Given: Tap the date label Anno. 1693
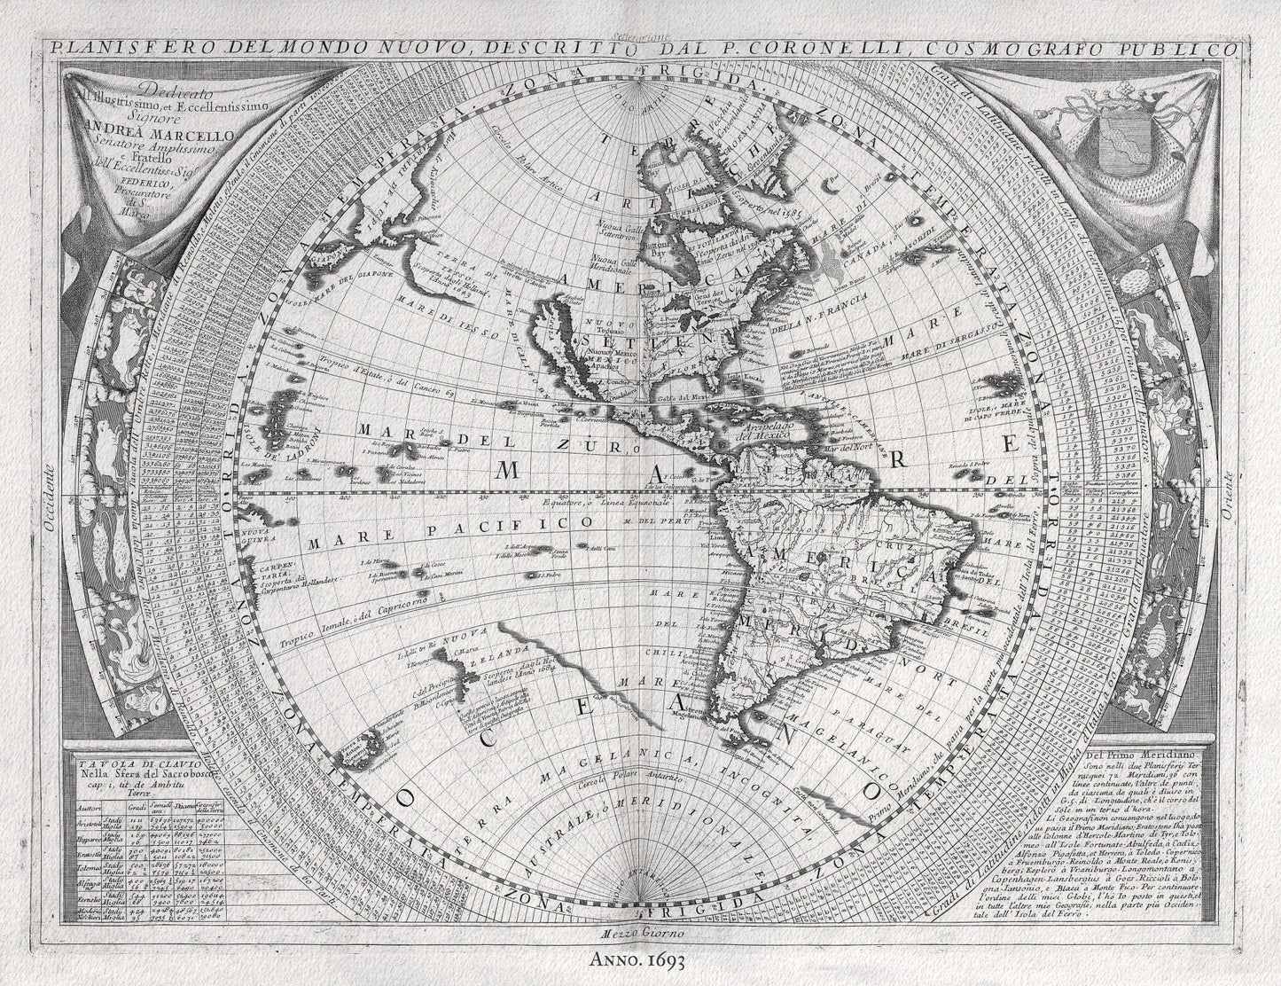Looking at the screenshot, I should pos(640,958).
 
